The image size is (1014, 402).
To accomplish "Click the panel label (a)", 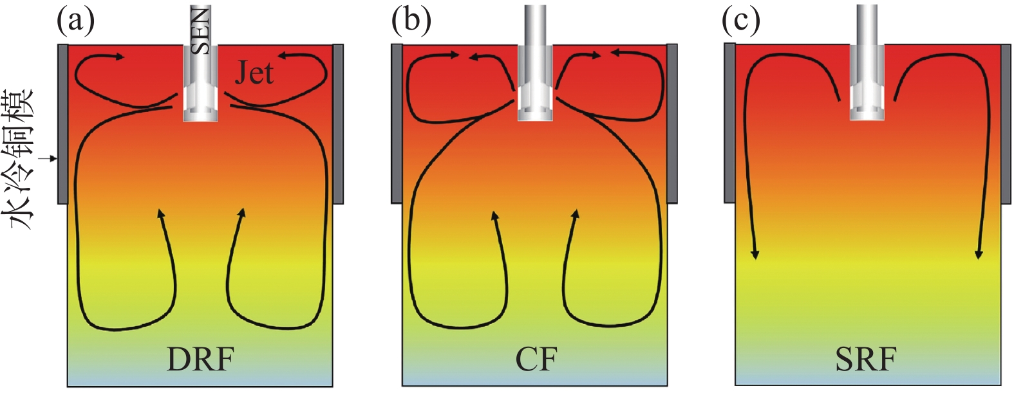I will point(75,21).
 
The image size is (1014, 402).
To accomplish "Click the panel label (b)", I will point(411,21).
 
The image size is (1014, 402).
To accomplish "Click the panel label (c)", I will point(740,21).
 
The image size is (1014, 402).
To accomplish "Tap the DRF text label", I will point(200,359).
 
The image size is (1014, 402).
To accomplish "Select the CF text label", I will point(536,359).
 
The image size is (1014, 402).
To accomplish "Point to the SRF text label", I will point(866,359).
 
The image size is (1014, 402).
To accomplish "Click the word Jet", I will point(254,73).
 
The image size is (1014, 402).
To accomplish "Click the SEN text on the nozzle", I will point(201,30).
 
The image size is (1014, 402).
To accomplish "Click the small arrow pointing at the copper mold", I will point(49,158).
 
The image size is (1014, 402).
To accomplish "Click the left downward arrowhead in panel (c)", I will point(755,254).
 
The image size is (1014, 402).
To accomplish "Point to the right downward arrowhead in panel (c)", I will point(979,253).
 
